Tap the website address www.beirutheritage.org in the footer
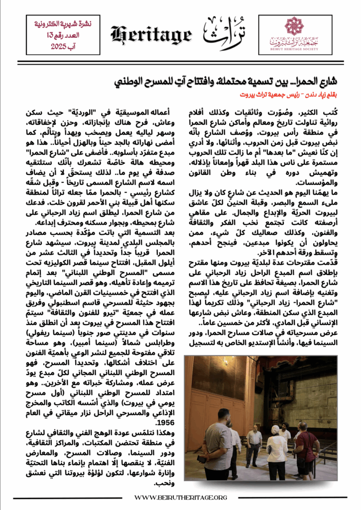[x=181, y=497]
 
